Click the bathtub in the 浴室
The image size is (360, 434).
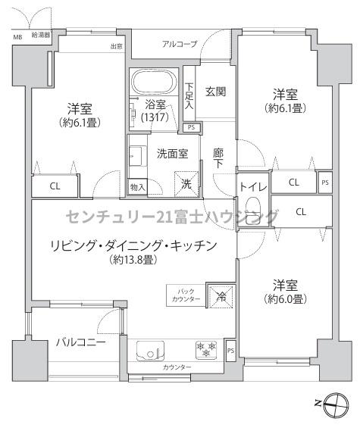click(x=154, y=82)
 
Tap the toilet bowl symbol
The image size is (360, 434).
click(x=253, y=208)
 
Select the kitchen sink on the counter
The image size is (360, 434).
click(x=150, y=351)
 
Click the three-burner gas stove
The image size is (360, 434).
click(x=206, y=350)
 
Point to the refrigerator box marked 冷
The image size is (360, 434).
click(x=221, y=297)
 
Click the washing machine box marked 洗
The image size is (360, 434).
click(x=186, y=183)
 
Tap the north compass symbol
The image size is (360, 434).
click(x=336, y=404)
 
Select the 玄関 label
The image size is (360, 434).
click(x=215, y=92)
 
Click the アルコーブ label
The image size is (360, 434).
click(x=180, y=44)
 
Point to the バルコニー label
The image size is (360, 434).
click(x=81, y=342)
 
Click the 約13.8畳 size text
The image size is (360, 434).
click(x=133, y=260)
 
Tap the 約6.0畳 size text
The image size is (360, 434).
click(x=285, y=299)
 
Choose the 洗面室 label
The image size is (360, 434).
click(x=172, y=154)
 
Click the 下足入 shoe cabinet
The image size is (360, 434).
click(x=189, y=94)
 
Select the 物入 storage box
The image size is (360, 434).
click(x=138, y=187)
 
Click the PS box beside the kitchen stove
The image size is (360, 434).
click(x=230, y=351)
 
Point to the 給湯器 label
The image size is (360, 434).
click(x=41, y=35)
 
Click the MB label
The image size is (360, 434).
click(x=17, y=37)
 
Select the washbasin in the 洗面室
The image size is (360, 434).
click(x=138, y=156)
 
